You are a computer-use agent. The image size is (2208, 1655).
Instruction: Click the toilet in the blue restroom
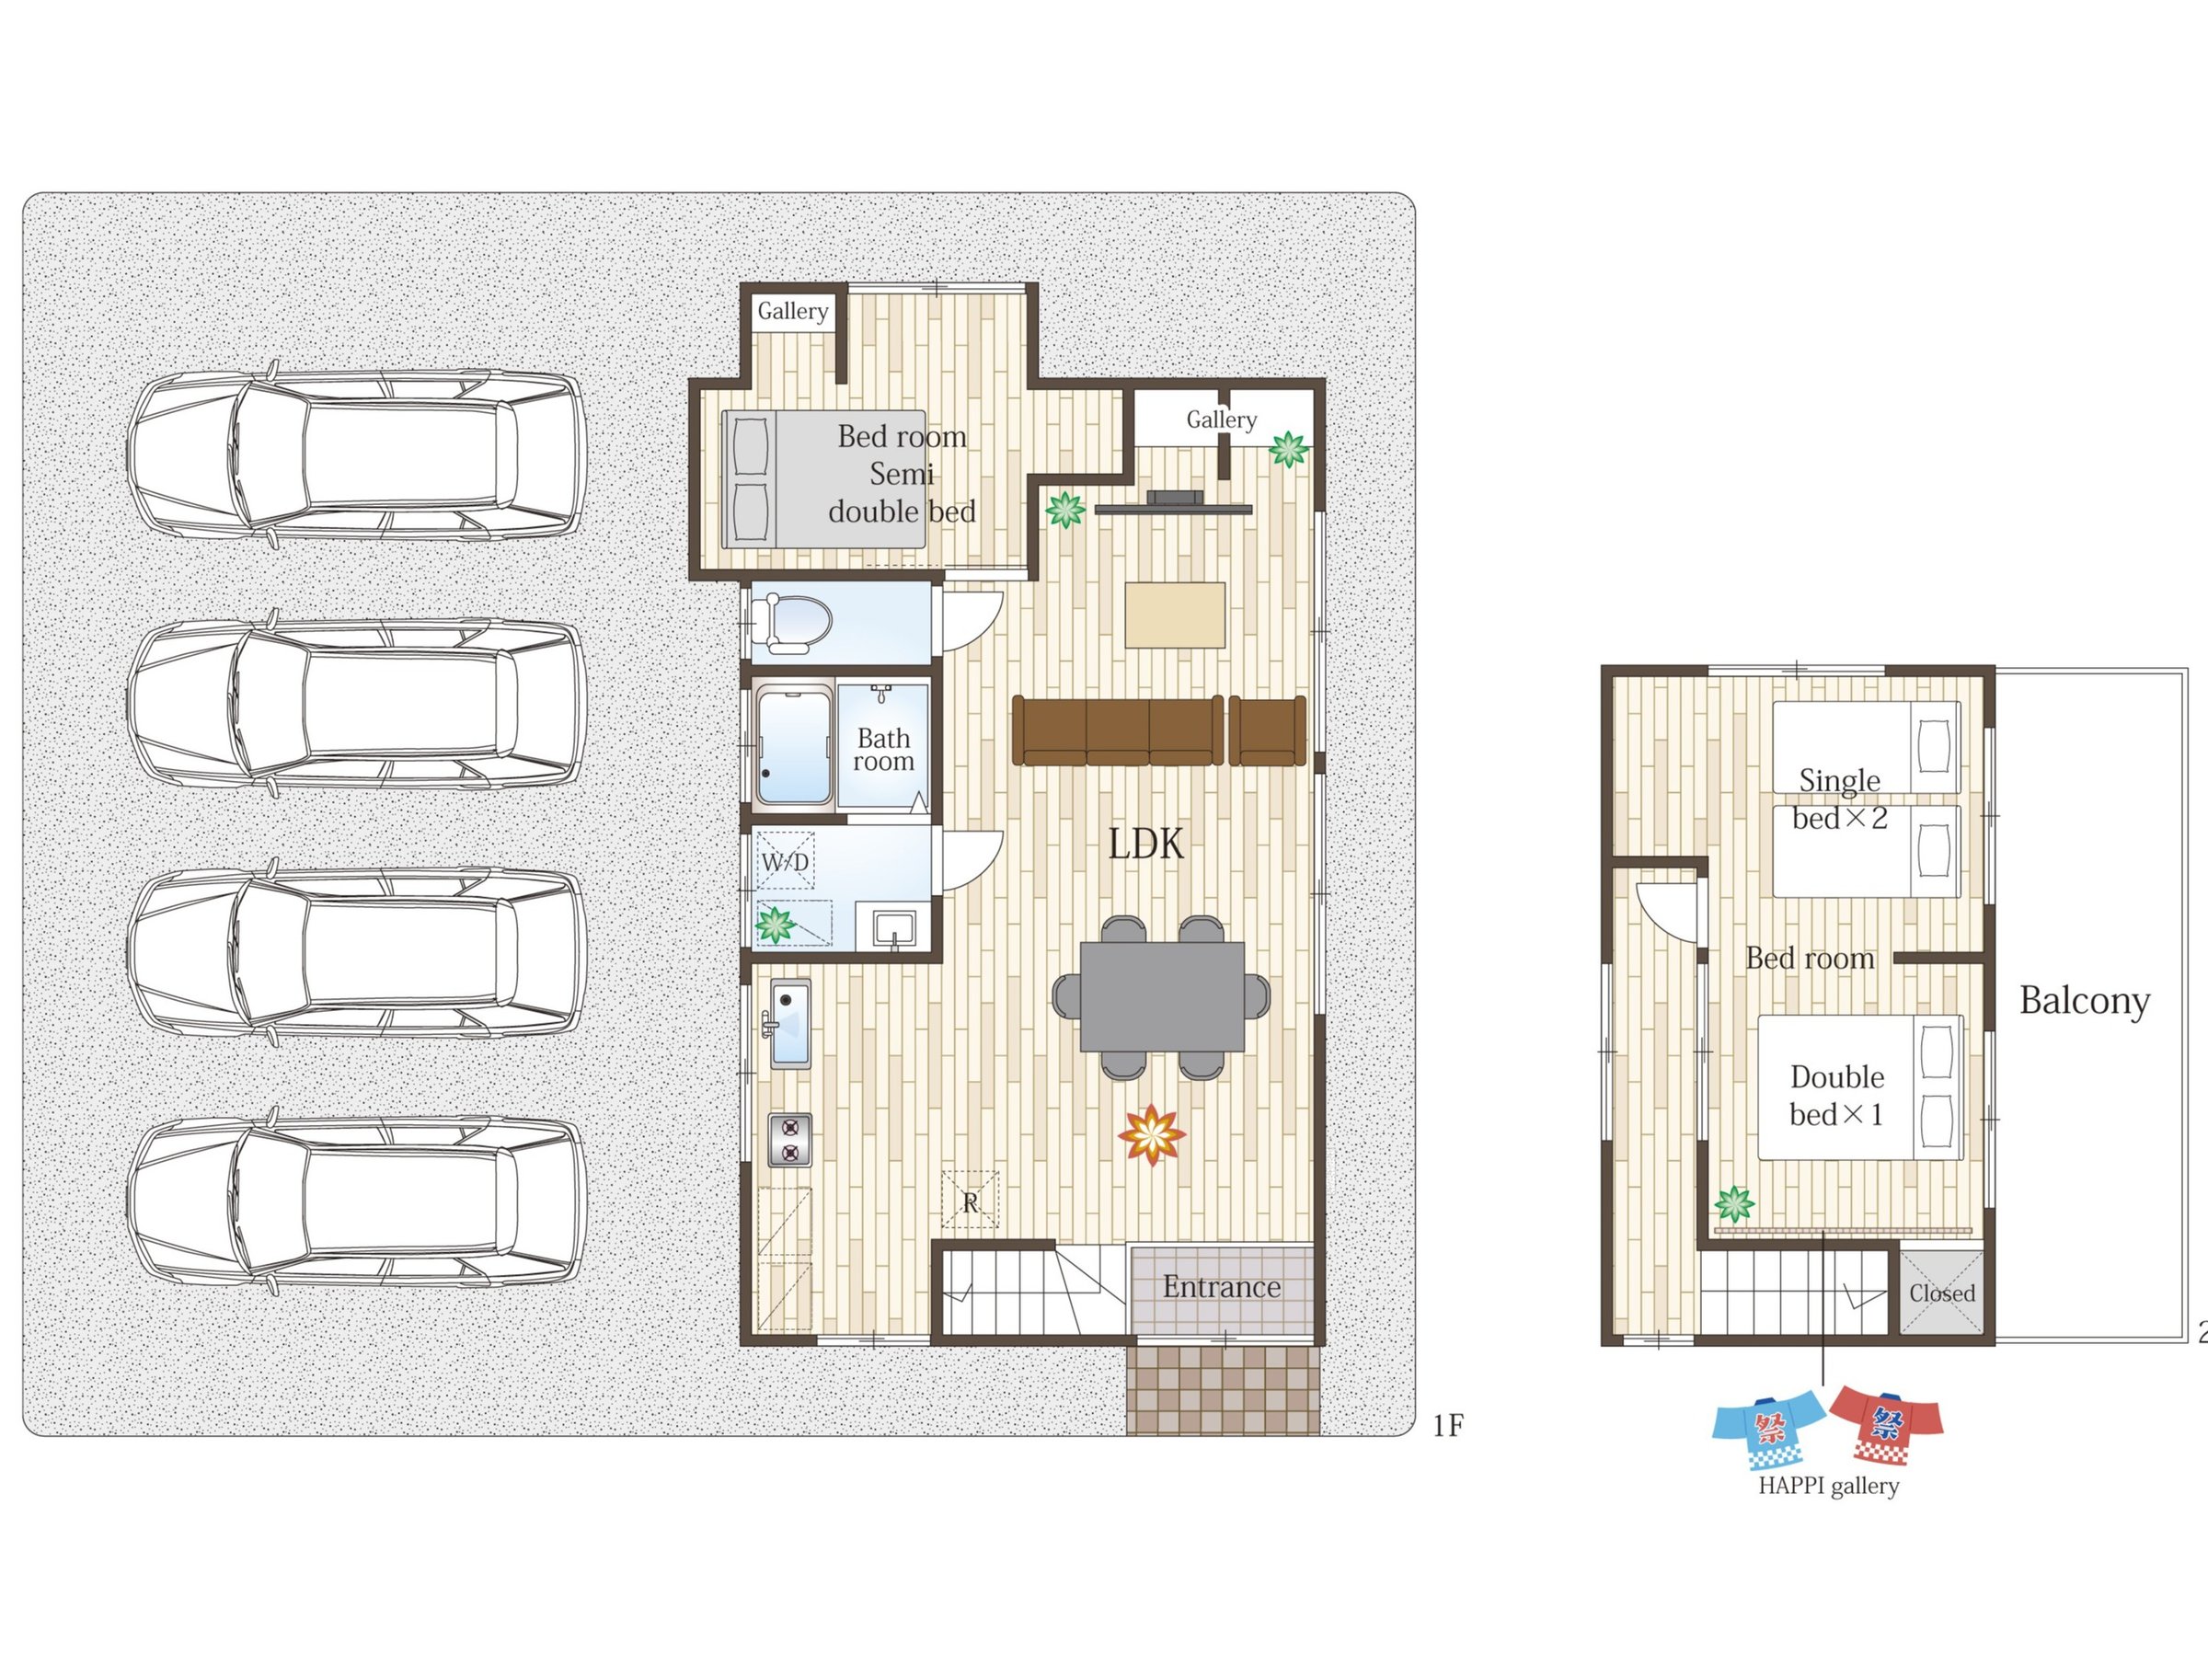791,623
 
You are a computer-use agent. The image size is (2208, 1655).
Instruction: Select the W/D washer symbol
785,860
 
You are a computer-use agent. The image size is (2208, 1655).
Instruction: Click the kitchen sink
790,1023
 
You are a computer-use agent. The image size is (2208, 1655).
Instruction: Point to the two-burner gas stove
789,1140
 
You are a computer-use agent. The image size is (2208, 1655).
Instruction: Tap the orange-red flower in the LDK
1152,1135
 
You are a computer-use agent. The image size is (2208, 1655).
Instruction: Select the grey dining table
1162,996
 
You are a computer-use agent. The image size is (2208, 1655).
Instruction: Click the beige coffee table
1175,615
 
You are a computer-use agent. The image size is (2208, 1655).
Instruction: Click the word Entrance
1221,1287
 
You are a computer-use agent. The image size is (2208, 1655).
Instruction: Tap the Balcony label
2084,1001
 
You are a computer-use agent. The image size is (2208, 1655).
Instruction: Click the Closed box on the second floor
1941,1293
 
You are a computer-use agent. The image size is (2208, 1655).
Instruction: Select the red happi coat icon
1887,1425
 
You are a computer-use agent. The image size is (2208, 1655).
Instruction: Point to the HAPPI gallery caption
1828,1487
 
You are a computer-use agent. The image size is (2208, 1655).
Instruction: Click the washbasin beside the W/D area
894,928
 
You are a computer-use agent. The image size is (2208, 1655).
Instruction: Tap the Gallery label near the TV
1221,419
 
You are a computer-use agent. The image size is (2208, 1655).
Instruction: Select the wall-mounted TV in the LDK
1174,503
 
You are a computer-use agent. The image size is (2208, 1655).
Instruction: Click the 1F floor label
1447,1427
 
